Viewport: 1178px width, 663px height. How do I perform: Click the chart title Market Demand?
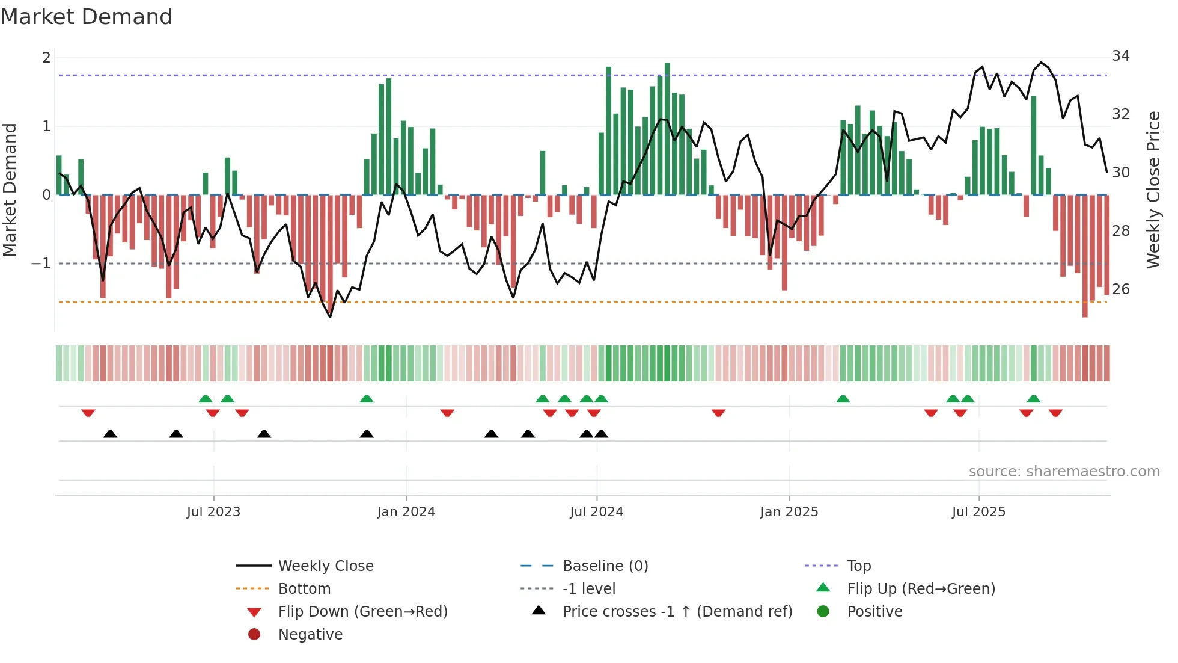[x=87, y=17]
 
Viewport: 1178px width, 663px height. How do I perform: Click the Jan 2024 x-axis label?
[x=406, y=512]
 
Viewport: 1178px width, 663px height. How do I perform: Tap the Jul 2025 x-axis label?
[x=978, y=512]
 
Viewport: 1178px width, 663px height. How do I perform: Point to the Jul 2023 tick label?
[x=213, y=512]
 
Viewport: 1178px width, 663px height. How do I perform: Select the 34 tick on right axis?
[x=1120, y=56]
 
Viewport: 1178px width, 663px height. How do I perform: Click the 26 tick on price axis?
[x=1120, y=289]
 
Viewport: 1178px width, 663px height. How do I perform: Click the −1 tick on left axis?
[x=41, y=264]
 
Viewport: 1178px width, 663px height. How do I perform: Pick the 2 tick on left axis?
[x=46, y=58]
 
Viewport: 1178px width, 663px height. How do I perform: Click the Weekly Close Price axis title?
[x=1153, y=190]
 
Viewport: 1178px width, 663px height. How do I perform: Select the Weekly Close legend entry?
[x=325, y=566]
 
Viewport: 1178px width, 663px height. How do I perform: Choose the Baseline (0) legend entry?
[x=605, y=566]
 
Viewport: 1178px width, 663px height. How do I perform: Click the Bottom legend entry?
[x=304, y=589]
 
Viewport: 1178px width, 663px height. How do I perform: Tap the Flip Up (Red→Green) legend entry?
[x=921, y=589]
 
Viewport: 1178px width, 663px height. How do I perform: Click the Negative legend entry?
[x=310, y=635]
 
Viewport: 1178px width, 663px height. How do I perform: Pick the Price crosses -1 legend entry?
[x=677, y=612]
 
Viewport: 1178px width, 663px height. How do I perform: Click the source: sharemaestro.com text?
[x=1064, y=472]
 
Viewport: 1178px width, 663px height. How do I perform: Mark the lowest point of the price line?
[x=330, y=317]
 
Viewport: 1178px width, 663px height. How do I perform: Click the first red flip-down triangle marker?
[x=88, y=413]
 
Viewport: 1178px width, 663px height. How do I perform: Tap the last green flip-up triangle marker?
[x=1033, y=399]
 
